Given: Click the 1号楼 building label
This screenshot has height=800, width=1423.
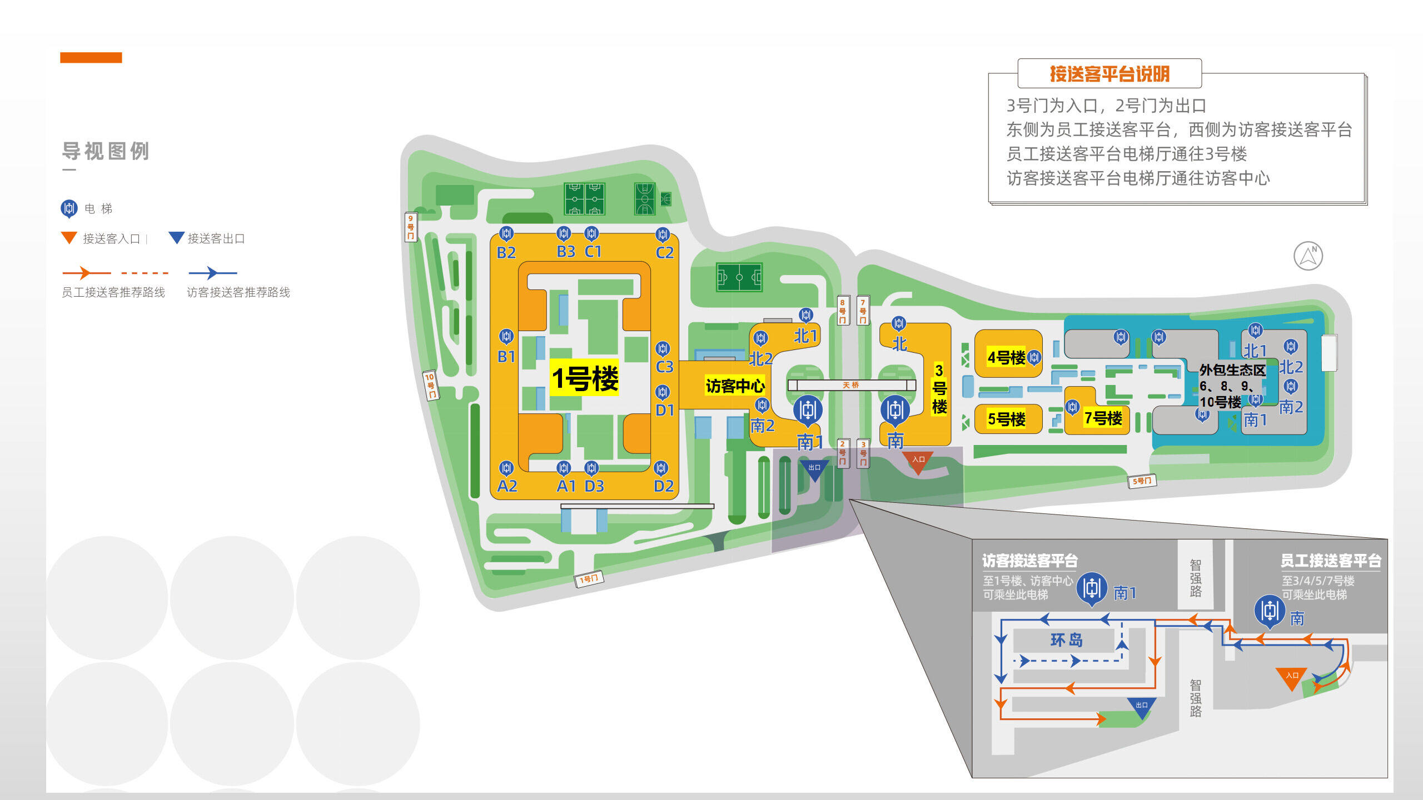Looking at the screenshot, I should (584, 378).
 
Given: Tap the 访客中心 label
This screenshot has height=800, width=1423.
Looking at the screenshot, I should (735, 386).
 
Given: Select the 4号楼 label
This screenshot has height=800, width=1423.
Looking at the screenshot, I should (1006, 357).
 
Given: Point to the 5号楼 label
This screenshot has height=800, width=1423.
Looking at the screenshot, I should (1006, 418).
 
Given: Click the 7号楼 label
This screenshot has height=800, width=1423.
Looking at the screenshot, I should (1103, 418).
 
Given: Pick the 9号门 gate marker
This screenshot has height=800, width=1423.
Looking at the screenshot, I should (410, 227).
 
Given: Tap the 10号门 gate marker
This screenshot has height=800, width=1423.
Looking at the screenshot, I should (430, 385).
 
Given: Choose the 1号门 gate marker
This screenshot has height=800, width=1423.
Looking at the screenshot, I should (589, 579).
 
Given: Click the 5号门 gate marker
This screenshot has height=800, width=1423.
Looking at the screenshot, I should (1142, 481).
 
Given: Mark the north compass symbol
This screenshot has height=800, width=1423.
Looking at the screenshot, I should (1308, 256).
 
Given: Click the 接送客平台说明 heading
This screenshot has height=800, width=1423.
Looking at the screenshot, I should (1109, 74).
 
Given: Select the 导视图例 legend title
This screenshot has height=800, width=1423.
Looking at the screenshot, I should (106, 151).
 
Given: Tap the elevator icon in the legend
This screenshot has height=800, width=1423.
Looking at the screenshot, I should (69, 208).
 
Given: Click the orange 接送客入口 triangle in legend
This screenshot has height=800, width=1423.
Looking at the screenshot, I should (69, 238).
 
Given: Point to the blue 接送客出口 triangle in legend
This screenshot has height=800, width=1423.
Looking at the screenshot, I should (176, 238).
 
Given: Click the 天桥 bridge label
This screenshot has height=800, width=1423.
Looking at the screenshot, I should (850, 385).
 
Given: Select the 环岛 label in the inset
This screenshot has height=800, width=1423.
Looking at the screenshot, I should (1066, 640).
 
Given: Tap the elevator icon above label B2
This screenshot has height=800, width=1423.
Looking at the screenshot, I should (506, 233).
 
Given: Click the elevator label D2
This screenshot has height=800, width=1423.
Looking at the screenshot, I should (664, 486).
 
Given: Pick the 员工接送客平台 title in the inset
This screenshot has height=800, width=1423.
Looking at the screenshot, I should (1331, 561).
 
